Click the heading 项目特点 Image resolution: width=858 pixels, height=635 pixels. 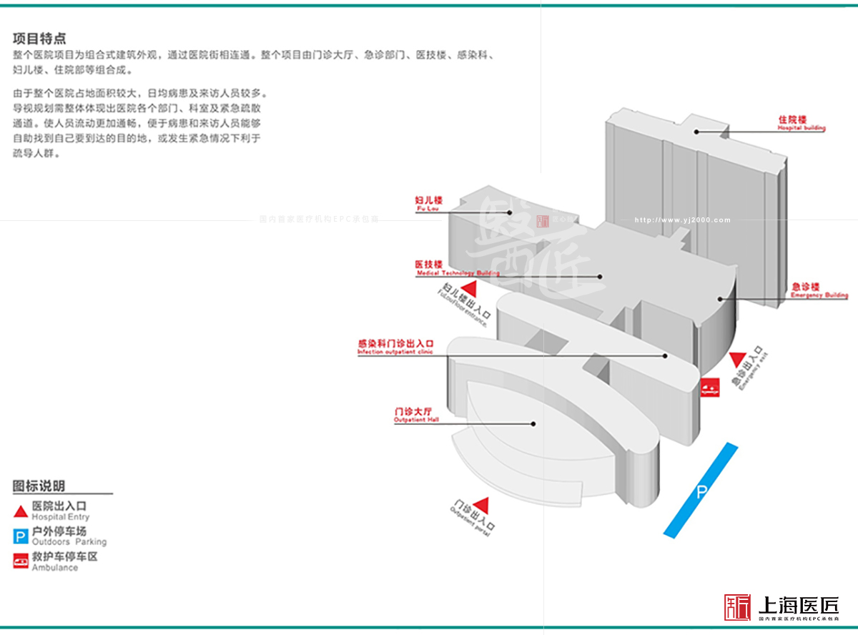[x=39, y=39]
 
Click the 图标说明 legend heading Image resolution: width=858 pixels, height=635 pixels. [x=39, y=486]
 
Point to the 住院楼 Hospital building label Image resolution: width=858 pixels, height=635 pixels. [x=802, y=123]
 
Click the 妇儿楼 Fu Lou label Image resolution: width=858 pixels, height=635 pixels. [x=428, y=204]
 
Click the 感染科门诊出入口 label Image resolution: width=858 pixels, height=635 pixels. [x=395, y=347]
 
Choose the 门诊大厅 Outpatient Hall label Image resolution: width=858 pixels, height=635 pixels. [x=413, y=415]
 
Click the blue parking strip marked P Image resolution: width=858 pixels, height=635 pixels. [x=701, y=490]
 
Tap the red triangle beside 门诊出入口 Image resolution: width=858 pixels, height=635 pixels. [x=482, y=503]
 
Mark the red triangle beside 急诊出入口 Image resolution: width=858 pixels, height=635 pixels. [x=737, y=359]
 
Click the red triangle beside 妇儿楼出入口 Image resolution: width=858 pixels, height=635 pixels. [x=469, y=290]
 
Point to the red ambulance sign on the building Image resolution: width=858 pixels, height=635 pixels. [x=709, y=386]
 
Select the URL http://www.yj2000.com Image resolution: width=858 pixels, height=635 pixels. [x=683, y=220]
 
